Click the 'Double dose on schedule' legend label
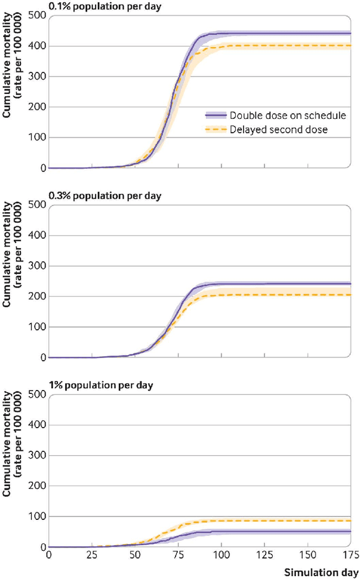click(287, 115)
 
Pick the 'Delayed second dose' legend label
click(279, 130)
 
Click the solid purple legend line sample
click(215, 115)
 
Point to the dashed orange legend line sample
click(215, 130)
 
